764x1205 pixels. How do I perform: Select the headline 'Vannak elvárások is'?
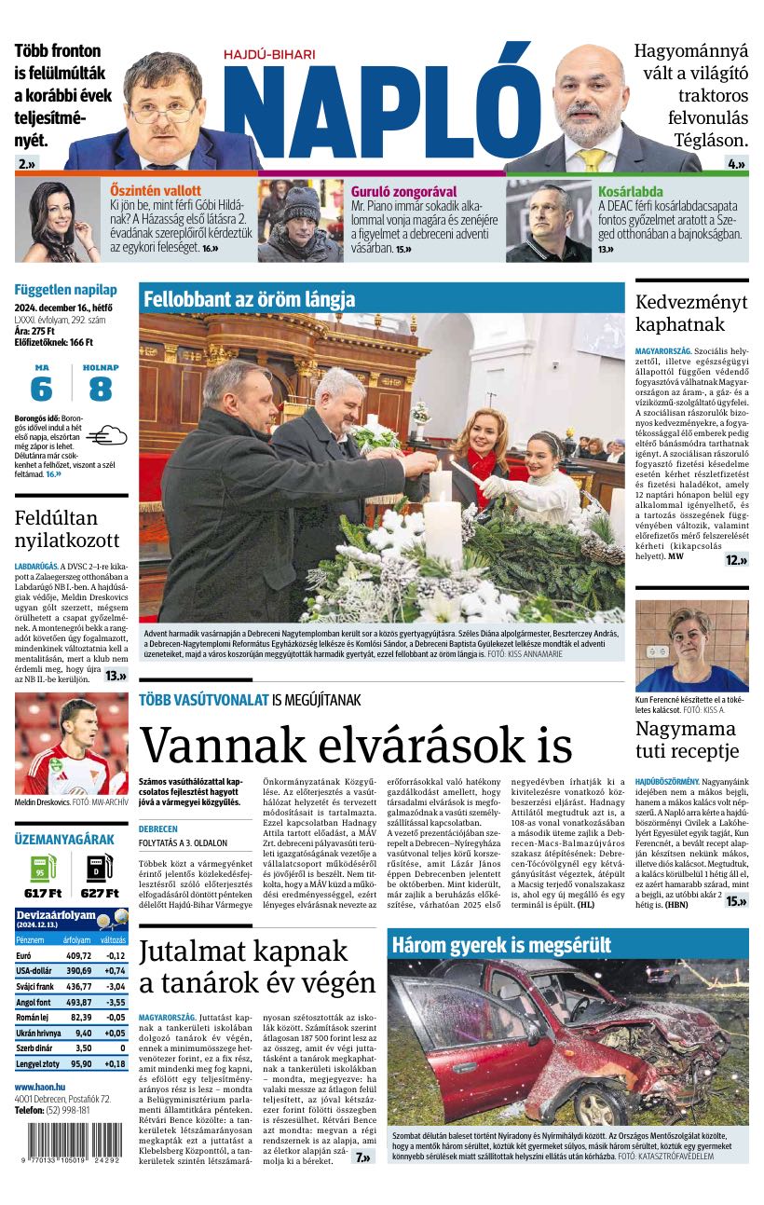tap(355, 745)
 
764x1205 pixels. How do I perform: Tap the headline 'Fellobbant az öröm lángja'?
tap(249, 299)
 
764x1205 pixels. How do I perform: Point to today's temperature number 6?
tap(41, 389)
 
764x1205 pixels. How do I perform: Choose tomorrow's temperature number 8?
tap(101, 389)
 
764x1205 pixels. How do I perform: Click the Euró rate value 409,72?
tap(77, 955)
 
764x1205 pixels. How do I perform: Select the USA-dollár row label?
tap(35, 970)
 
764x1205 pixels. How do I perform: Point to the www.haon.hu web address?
tap(39, 1087)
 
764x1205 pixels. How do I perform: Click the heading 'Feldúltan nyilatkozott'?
tap(67, 530)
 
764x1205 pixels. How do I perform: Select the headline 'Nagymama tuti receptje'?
tap(688, 737)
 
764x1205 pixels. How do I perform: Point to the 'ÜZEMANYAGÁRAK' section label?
tap(64, 839)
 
